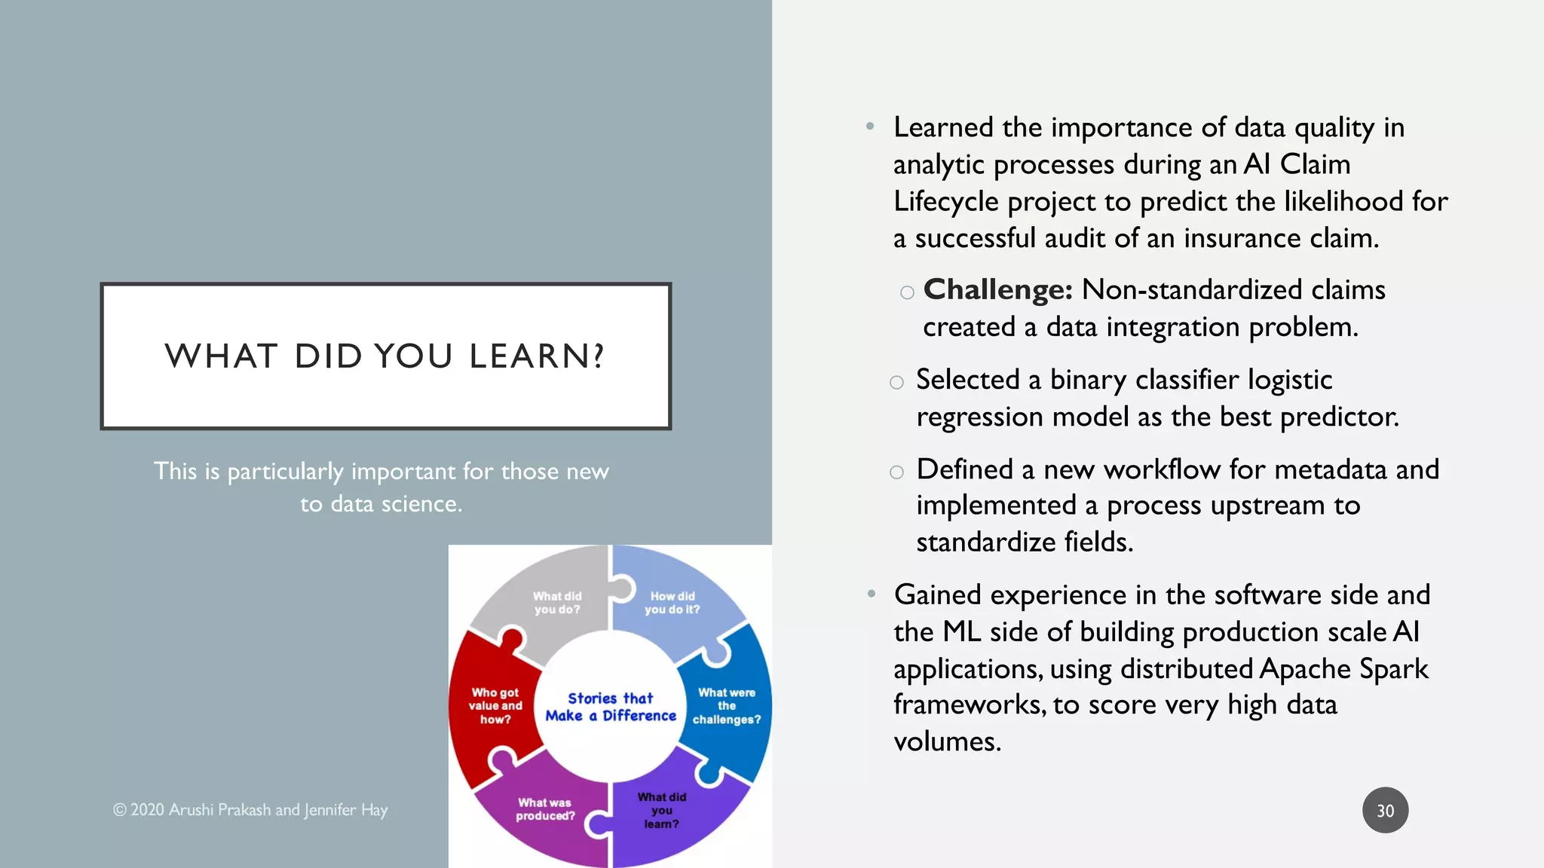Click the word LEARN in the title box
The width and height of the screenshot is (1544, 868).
click(535, 356)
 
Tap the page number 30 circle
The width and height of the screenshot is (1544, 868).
click(1385, 811)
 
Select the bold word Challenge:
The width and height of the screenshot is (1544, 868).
click(997, 290)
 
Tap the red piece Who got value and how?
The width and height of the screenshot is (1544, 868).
click(495, 705)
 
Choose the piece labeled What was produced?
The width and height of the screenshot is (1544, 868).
click(545, 809)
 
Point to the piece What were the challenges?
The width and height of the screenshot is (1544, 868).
click(726, 705)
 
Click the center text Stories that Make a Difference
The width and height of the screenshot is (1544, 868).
click(611, 707)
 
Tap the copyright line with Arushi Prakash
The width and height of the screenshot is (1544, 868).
click(250, 810)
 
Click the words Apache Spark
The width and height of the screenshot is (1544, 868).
click(1343, 669)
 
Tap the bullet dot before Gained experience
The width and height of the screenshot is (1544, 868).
click(871, 594)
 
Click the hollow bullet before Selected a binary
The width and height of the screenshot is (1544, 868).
click(896, 383)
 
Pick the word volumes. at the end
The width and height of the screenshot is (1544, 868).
click(947, 742)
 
